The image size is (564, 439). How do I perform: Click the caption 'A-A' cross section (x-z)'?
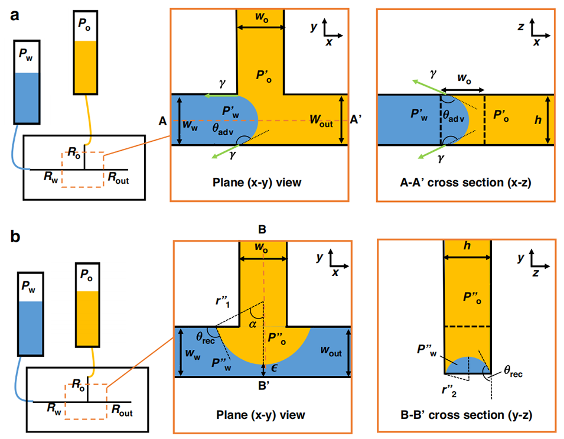[x=465, y=182]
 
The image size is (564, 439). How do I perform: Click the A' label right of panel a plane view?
[x=356, y=119]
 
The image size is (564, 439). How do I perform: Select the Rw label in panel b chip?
[x=54, y=407]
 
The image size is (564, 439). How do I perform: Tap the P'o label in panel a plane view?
[x=263, y=74]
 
